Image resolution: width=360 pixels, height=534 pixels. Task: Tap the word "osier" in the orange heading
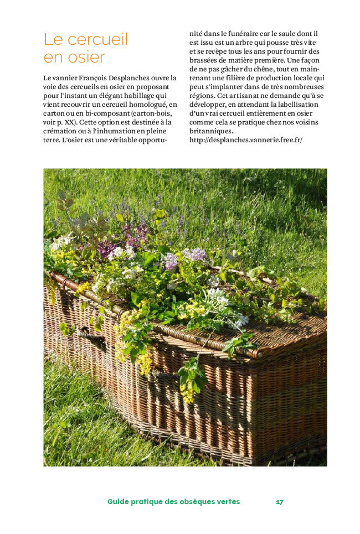click(85, 57)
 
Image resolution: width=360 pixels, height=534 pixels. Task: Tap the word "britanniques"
click(211, 131)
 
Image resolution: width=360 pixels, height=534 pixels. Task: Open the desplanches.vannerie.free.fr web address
click(245, 140)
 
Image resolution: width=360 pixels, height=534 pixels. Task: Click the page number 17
click(280, 501)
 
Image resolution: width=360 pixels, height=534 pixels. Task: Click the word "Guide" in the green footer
click(118, 501)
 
